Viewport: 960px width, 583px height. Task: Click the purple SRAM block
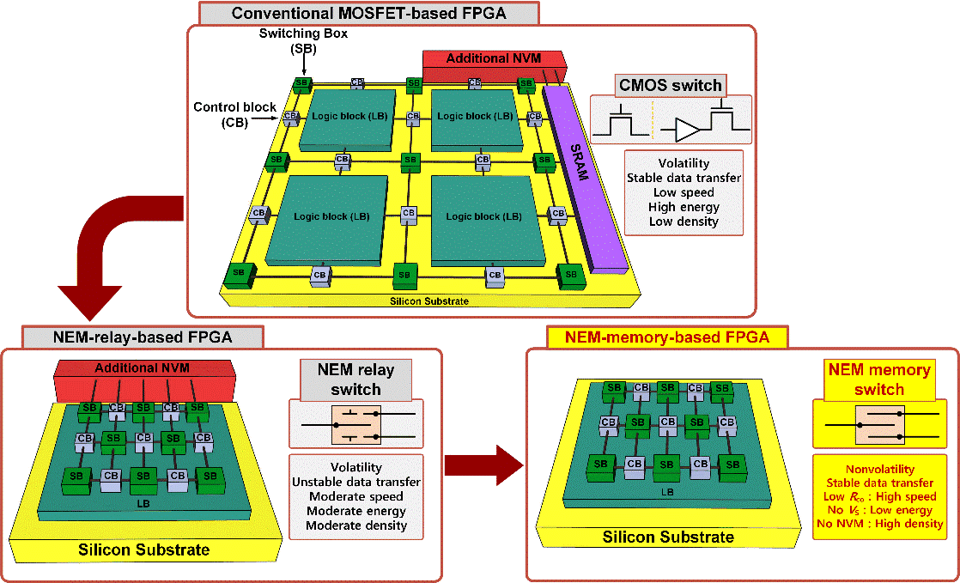[586, 178]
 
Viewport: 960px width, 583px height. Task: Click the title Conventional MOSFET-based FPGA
[368, 13]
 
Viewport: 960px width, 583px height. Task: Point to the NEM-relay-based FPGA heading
[143, 337]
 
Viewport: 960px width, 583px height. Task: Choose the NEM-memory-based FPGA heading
[666, 337]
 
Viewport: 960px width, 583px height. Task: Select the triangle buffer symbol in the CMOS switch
[689, 130]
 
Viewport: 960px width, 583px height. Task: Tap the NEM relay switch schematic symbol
[355, 424]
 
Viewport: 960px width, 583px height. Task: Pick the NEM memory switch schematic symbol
[880, 425]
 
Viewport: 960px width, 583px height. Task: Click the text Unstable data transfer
[356, 482]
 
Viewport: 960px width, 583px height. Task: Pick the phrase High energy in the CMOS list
[684, 207]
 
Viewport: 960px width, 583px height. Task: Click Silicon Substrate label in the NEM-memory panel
[668, 537]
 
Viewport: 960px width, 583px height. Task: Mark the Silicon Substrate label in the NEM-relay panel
[144, 550]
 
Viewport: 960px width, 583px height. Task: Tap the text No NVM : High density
[880, 524]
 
